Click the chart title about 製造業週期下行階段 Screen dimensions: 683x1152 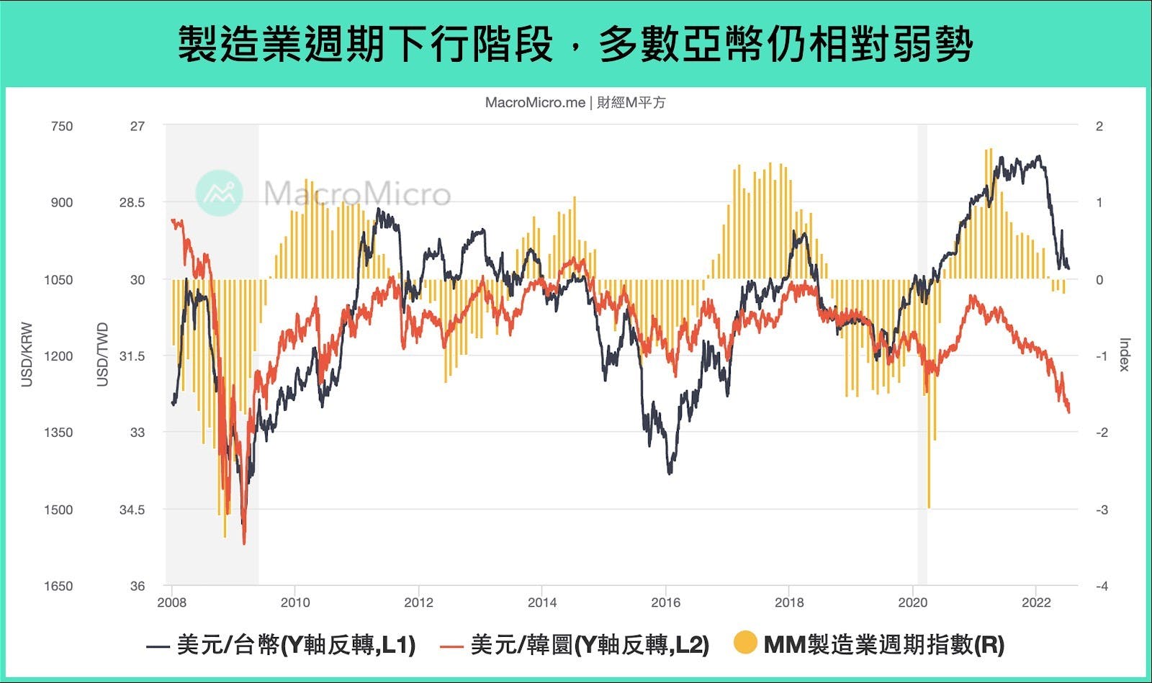click(575, 45)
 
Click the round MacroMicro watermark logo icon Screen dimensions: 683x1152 click(219, 194)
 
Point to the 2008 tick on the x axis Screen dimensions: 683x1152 click(171, 602)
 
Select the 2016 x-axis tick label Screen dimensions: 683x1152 click(665, 602)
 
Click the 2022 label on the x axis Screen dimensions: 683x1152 click(1036, 602)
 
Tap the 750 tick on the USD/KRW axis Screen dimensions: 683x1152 click(62, 127)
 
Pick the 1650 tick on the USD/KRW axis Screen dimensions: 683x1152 click(58, 587)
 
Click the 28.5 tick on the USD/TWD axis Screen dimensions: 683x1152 click(132, 203)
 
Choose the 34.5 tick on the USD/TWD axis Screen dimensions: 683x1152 click(132, 510)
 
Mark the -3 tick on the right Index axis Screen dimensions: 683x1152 click(1101, 510)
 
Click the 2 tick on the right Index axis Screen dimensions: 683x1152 click(1099, 127)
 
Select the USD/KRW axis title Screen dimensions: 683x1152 click(27, 354)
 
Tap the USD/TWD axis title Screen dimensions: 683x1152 click(102, 354)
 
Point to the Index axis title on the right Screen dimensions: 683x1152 click(1125, 354)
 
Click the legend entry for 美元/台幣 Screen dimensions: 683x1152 click(281, 645)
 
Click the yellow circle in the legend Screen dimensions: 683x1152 click(745, 643)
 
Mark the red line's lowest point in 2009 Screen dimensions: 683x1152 click(244, 543)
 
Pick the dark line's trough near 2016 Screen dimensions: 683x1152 click(670, 473)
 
